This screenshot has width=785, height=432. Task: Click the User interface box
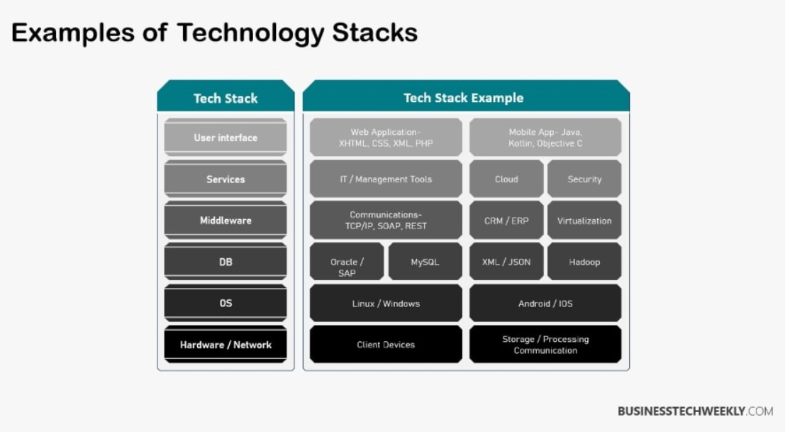226,138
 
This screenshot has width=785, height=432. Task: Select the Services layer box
226,179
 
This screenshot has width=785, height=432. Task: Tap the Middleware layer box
226,221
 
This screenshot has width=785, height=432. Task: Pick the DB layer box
226,262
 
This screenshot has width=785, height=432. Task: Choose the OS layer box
226,304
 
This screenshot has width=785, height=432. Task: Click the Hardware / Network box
226,345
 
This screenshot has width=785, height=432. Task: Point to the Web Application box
386,138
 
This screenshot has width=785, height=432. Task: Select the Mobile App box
545,138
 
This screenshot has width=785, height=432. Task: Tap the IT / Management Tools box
386,179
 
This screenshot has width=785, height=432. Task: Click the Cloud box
506,179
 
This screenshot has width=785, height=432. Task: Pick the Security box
584,179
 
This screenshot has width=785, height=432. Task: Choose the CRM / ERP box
506,221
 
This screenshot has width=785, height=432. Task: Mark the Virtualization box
584,221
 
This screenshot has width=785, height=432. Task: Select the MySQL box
425,262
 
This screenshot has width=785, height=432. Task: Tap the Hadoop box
584,262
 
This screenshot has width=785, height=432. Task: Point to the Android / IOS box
545,304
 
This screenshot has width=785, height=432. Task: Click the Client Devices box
386,345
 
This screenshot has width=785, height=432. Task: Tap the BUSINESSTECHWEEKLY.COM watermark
695,411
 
